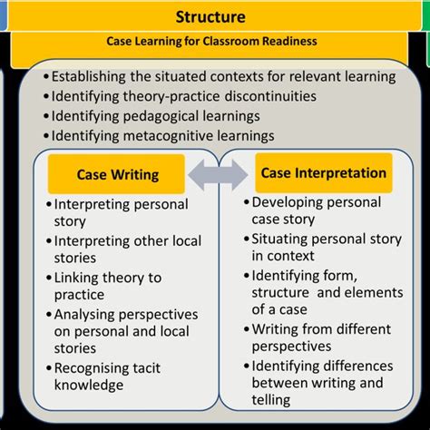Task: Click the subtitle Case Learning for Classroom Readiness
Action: tap(210, 42)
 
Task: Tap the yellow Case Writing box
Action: tap(117, 174)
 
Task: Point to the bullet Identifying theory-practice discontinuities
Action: tap(181, 95)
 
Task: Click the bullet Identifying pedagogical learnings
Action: tap(156, 115)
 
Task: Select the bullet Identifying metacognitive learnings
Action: tap(163, 135)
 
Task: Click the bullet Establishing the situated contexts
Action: tap(223, 76)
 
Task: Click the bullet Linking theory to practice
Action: tap(107, 287)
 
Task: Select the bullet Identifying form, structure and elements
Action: tap(327, 292)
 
